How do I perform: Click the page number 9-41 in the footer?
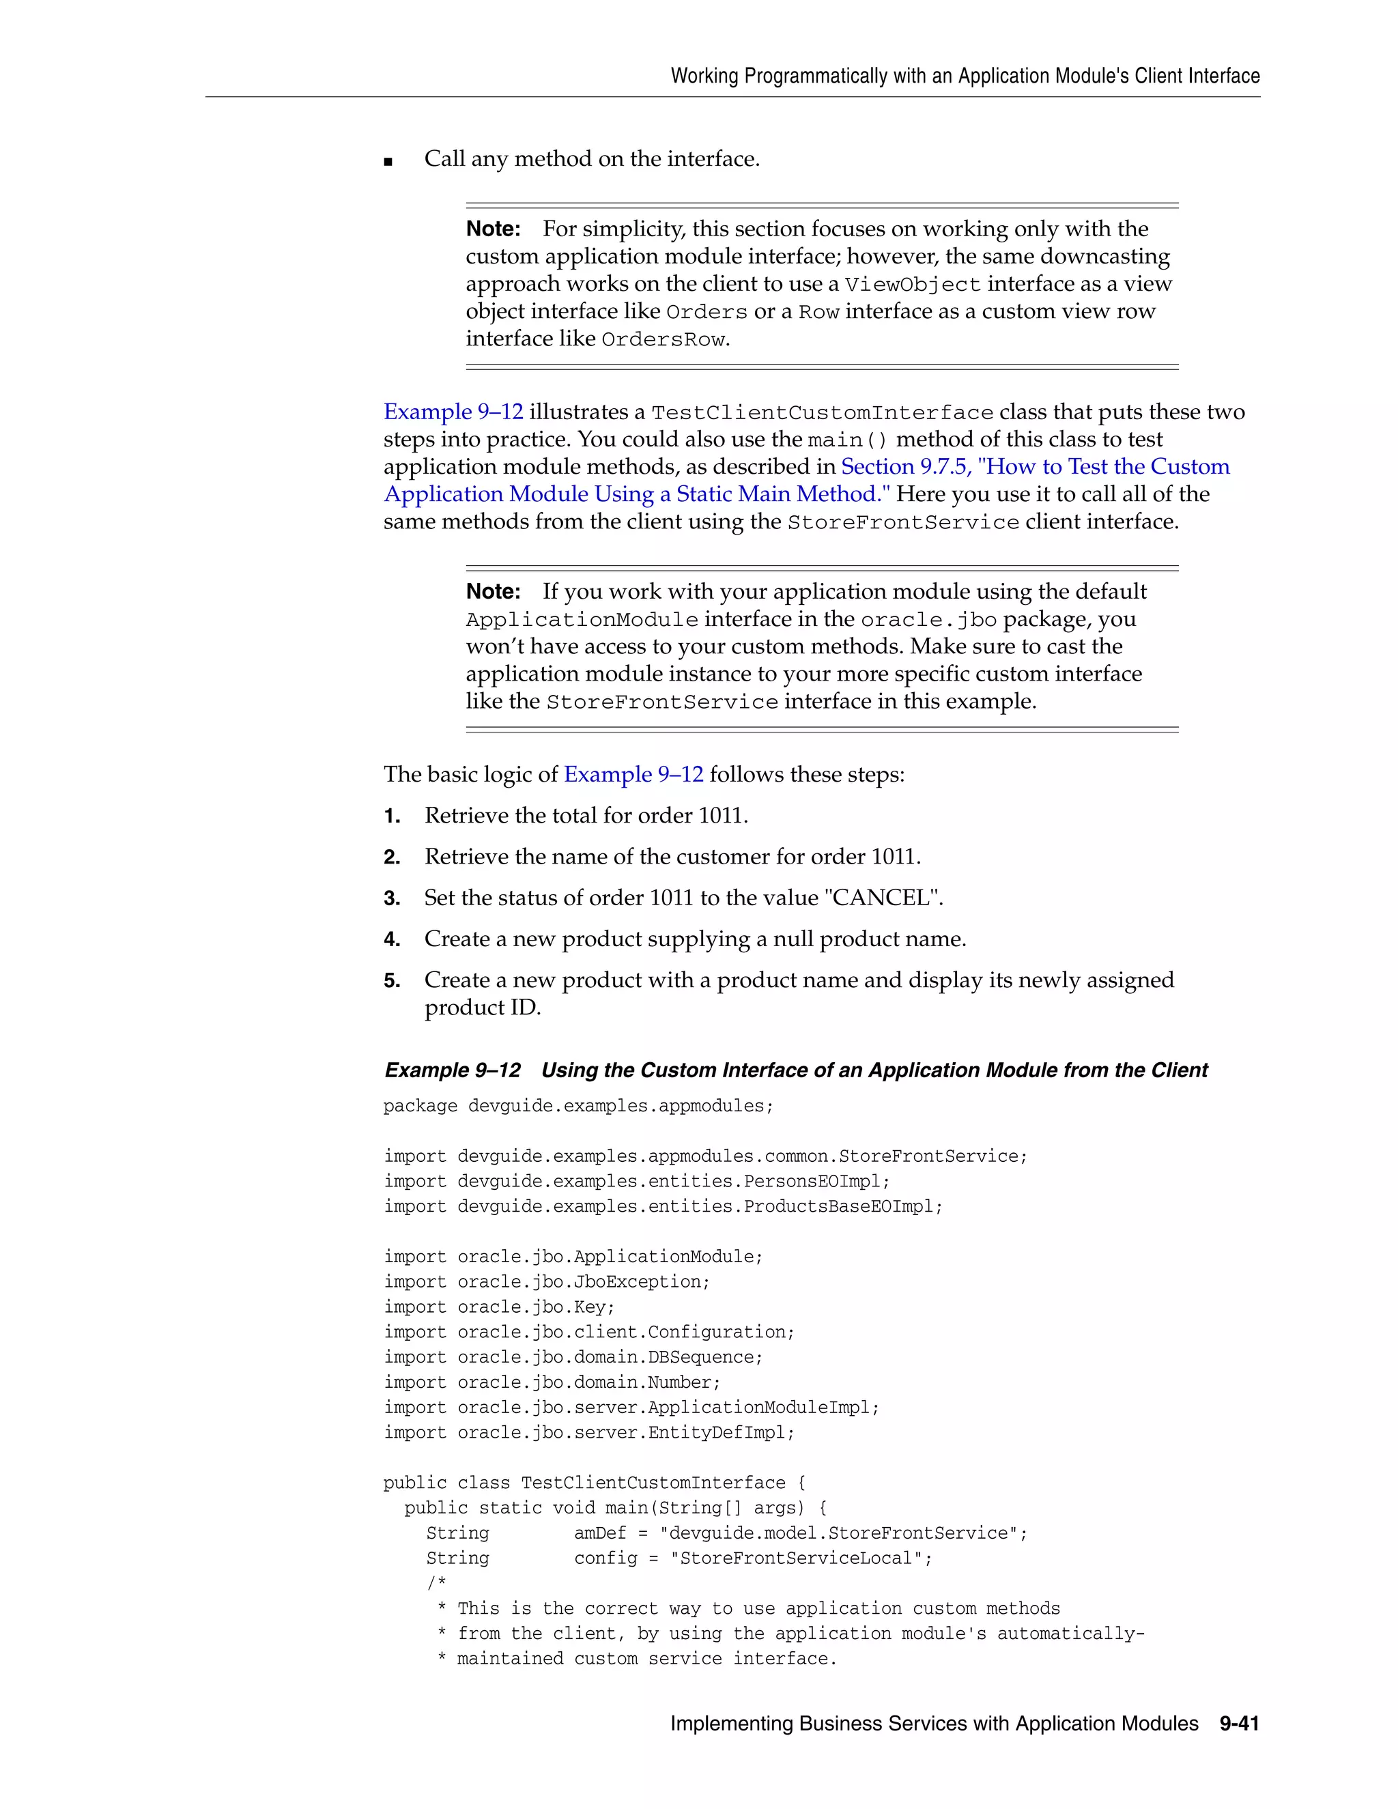click(1238, 1724)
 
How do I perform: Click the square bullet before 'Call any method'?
click(388, 162)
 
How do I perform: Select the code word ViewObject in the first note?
click(912, 285)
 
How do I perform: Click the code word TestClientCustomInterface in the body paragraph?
click(822, 413)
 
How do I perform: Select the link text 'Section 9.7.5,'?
click(905, 467)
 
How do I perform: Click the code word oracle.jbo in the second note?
click(928, 621)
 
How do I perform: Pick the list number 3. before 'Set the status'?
click(392, 899)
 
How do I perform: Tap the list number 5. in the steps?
click(392, 982)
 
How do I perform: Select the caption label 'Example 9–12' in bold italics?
click(452, 1070)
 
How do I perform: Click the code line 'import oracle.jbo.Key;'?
click(500, 1307)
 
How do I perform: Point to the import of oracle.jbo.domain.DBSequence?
click(573, 1358)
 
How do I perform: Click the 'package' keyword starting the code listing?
click(420, 1107)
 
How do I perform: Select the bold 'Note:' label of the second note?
click(493, 591)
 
